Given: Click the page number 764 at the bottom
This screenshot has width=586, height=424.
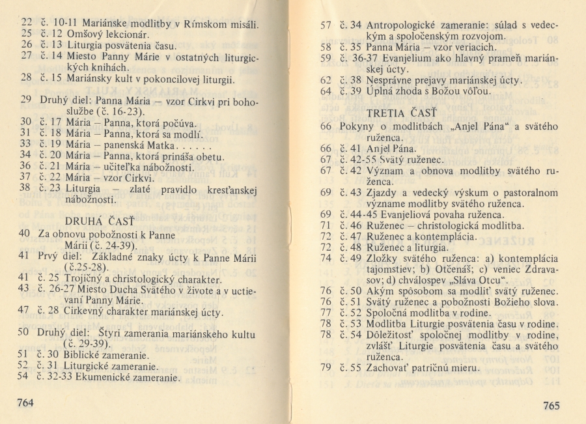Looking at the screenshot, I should click(x=25, y=403).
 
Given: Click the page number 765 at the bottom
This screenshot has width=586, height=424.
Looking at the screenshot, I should click(x=550, y=405).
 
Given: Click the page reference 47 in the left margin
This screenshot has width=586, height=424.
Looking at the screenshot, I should click(x=25, y=310).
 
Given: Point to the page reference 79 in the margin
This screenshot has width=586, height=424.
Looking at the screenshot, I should click(x=326, y=368).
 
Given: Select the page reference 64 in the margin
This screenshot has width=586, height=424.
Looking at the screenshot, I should click(x=326, y=91).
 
